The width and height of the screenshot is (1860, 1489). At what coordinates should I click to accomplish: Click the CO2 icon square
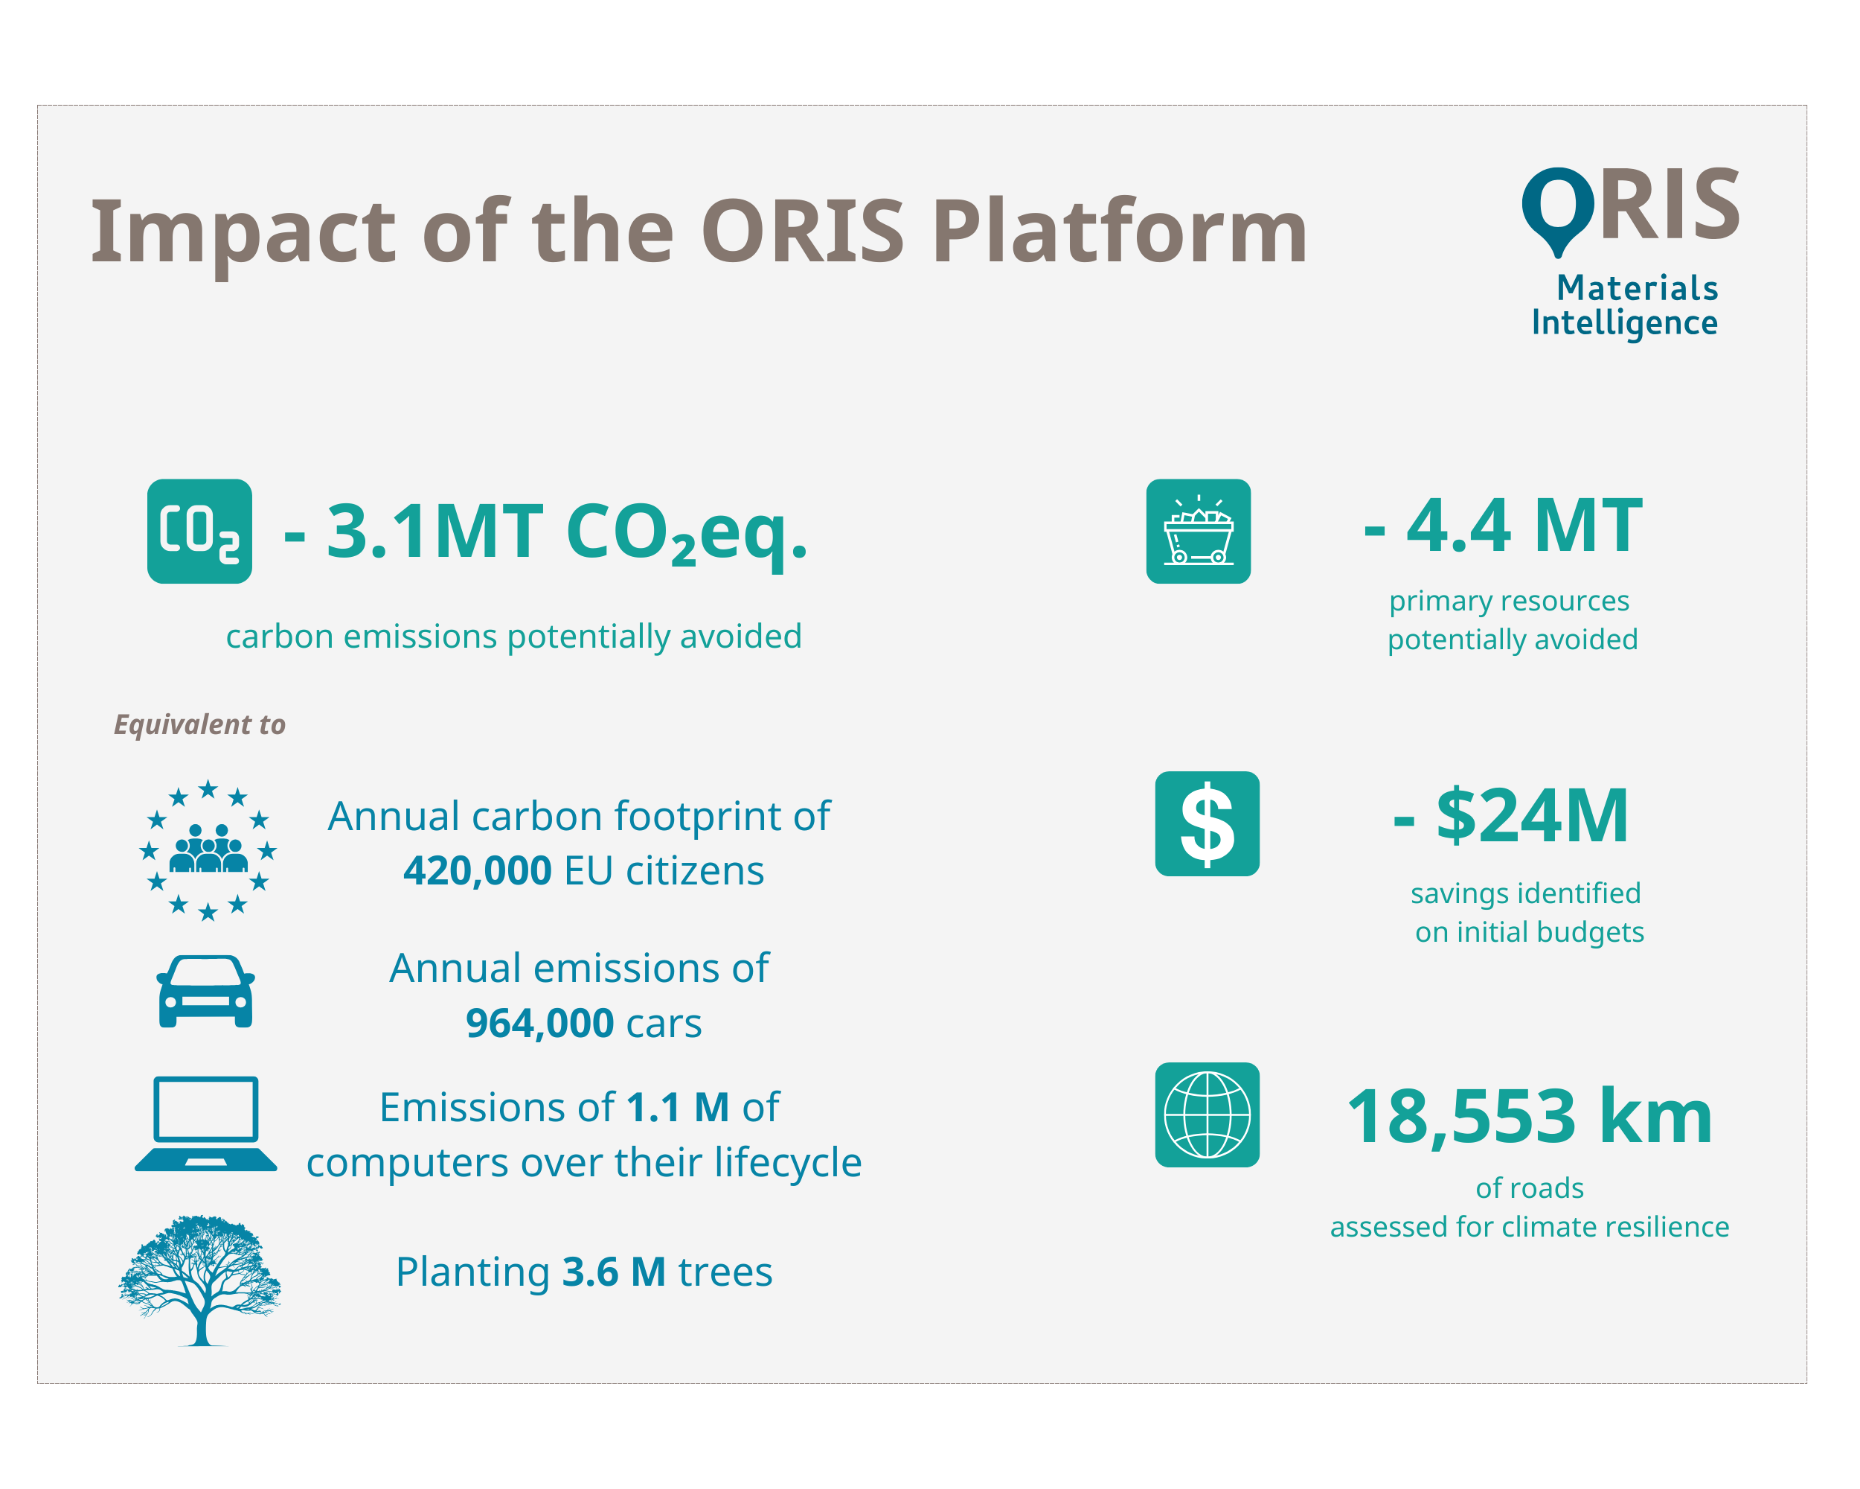click(200, 532)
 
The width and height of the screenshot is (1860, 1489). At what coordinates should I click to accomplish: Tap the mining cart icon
click(1199, 532)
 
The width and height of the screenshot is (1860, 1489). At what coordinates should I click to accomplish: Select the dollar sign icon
click(1208, 824)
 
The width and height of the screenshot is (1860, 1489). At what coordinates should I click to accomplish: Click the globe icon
click(1208, 1115)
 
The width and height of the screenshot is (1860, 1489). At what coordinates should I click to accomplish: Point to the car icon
click(205, 992)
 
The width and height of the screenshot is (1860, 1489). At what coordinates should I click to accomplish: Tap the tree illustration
click(200, 1279)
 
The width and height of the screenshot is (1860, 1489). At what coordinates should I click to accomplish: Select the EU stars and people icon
click(208, 851)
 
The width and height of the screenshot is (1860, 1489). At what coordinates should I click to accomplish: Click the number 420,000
click(477, 871)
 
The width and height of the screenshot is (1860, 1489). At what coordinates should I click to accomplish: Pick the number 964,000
click(540, 1024)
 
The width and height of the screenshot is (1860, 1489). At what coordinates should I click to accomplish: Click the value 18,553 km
click(1530, 1117)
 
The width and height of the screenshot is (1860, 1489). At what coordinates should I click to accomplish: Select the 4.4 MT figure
click(1503, 526)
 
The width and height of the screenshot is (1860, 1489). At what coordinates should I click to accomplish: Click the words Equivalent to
click(200, 724)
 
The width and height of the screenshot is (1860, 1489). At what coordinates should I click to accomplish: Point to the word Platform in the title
click(1120, 232)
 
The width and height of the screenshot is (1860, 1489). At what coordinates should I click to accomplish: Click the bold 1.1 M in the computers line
click(678, 1108)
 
